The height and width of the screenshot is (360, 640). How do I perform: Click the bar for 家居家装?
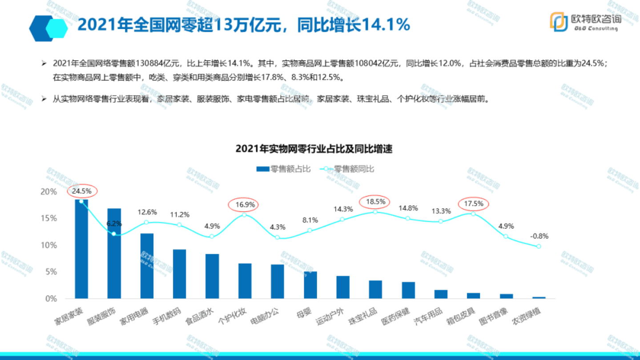[81, 249]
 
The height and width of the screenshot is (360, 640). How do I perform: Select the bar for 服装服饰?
[114, 253]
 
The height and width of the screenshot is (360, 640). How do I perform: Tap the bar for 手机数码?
[179, 274]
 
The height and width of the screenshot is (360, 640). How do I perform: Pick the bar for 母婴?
[310, 285]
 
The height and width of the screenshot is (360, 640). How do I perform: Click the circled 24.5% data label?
[82, 192]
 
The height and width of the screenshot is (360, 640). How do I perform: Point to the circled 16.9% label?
[243, 205]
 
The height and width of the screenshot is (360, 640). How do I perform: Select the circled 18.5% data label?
[375, 202]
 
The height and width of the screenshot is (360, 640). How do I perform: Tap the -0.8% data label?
[539, 236]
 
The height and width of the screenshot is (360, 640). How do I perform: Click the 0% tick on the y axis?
[51, 299]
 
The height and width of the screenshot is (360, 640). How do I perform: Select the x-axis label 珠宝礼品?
[363, 316]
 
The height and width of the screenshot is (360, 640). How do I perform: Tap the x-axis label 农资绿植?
[527, 316]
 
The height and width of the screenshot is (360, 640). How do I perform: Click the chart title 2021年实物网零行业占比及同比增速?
[314, 149]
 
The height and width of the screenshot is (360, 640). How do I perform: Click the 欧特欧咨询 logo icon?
[559, 21]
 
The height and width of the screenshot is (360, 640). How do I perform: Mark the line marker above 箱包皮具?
[473, 214]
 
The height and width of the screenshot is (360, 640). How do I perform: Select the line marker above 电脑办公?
[277, 237]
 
